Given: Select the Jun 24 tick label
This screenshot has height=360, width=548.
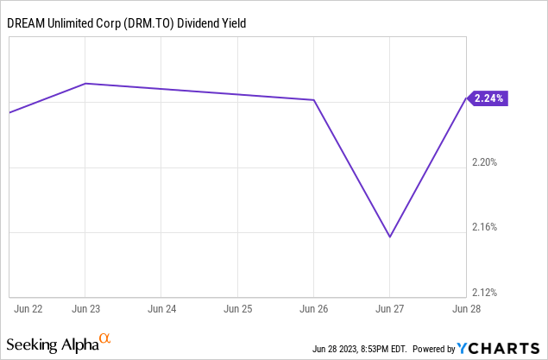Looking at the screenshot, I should (163, 307).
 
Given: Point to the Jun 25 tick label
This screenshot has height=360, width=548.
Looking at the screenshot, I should (238, 307).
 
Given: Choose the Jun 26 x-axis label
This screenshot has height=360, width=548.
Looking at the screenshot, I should (314, 307).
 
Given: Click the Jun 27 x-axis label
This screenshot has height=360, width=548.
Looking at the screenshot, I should (389, 307).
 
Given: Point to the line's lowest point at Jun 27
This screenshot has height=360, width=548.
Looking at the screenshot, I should (390, 237).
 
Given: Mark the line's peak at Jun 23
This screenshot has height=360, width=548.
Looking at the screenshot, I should (85, 84).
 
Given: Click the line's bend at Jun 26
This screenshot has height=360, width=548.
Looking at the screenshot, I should (314, 100).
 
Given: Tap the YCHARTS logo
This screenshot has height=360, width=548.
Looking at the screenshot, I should (499, 349).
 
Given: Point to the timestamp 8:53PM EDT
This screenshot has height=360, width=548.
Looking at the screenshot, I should (359, 350).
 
